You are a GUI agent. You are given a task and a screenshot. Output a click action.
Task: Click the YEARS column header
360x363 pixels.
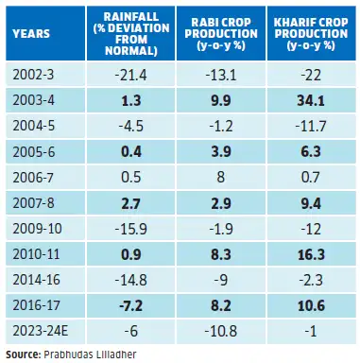tap(31, 33)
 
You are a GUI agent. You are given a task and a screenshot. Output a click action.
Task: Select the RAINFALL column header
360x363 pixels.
tap(131, 33)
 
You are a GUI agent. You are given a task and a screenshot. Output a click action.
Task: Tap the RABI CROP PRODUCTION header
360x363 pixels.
tap(221, 33)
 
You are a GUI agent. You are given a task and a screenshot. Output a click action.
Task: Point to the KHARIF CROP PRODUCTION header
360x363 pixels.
tap(311, 33)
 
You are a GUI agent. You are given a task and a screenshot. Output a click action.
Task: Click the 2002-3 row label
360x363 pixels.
tap(33, 75)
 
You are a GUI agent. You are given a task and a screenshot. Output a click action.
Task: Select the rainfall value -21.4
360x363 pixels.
tap(130, 75)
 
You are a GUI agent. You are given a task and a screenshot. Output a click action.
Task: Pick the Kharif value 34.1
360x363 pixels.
tap(311, 101)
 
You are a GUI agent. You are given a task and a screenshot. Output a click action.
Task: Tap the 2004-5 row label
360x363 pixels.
tap(34, 126)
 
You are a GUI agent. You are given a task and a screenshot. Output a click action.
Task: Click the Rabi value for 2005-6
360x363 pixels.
tap(221, 152)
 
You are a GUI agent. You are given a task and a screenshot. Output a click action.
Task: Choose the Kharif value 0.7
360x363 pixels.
tap(311, 178)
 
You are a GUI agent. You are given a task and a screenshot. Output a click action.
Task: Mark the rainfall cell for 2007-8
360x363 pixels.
tap(130, 203)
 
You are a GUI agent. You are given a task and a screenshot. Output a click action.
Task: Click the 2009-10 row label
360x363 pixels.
tap(37, 229)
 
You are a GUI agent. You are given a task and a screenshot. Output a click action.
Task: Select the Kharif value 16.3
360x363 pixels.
tap(311, 254)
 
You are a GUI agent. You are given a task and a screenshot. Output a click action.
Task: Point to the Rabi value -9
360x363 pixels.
tap(221, 280)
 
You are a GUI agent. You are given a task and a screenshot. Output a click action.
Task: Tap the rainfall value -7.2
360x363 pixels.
tap(130, 306)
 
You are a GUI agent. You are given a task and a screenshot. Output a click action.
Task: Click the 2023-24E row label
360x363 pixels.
tap(41, 331)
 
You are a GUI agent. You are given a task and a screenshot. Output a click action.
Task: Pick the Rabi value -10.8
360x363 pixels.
tap(221, 332)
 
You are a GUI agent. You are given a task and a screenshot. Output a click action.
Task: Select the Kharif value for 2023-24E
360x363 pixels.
tap(311, 332)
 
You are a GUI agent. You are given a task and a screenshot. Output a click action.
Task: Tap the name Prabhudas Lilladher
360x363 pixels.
tap(90, 354)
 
